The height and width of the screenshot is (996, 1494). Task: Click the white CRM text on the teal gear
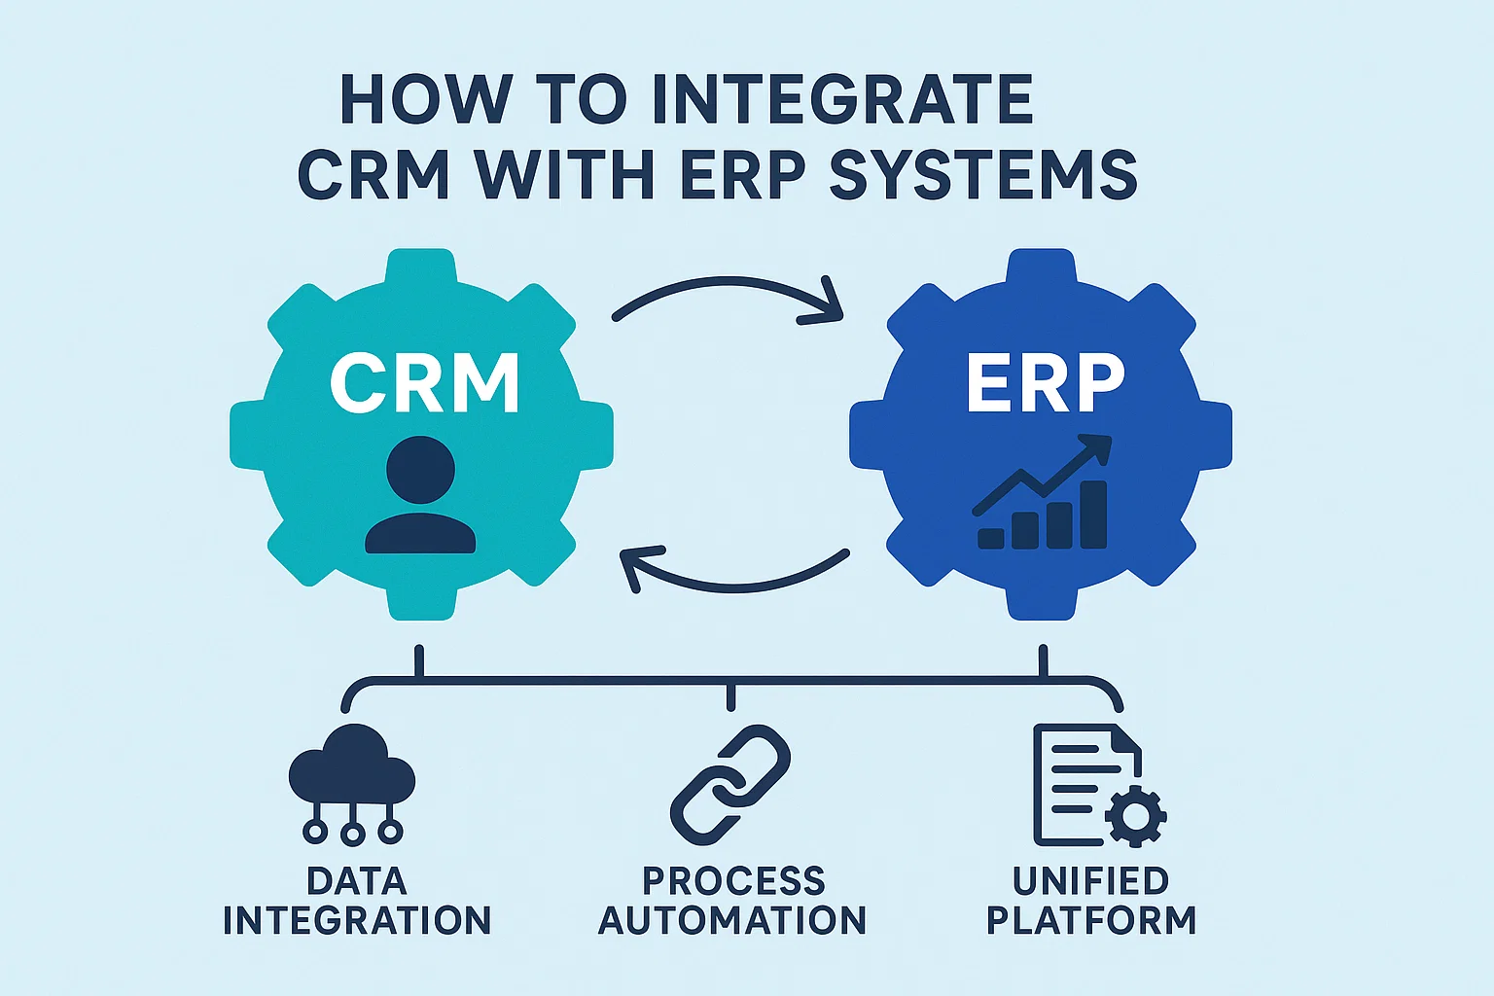coord(424,383)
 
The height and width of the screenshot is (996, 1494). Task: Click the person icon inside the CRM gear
coord(420,496)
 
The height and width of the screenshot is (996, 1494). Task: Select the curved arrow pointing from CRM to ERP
coord(729,297)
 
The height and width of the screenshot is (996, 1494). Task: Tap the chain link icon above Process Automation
coord(730,784)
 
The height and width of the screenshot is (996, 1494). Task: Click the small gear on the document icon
coord(1135,815)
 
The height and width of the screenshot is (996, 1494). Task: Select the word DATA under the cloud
coord(357,881)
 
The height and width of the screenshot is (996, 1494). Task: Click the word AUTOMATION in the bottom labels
coord(731,920)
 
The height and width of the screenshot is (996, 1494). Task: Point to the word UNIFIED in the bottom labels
coord(1090,881)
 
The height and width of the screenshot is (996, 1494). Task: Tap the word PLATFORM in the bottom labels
coord(1091,920)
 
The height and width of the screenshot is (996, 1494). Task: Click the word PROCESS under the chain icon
coord(733,881)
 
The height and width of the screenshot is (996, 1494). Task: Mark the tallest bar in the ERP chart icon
coord(1094,515)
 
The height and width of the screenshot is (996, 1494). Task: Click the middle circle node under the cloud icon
coord(352,832)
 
